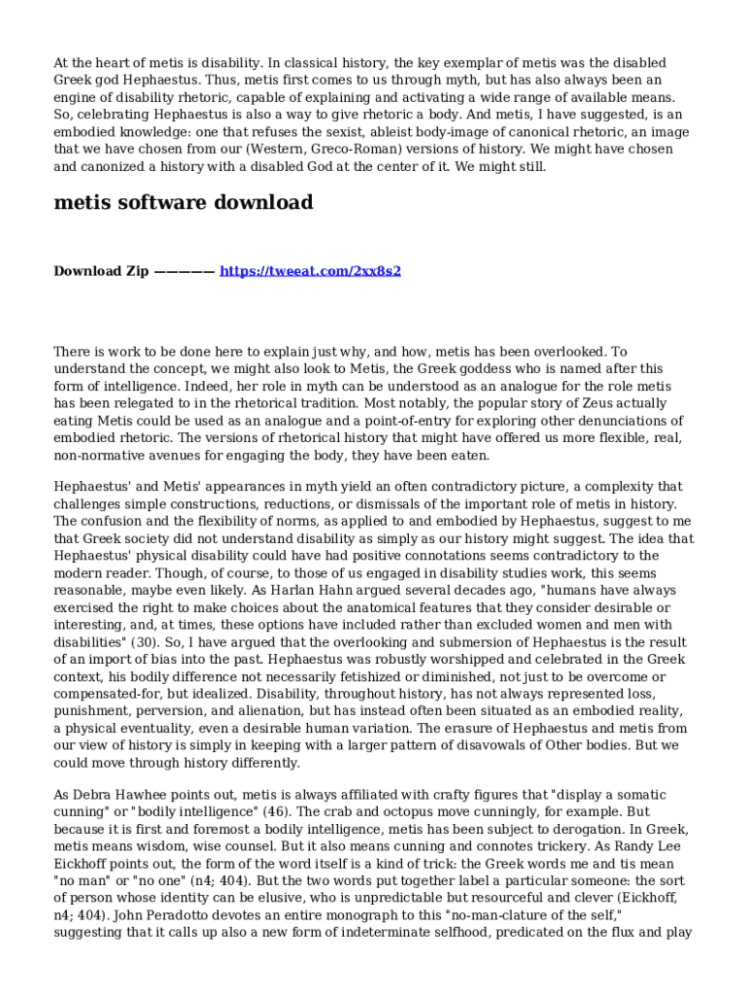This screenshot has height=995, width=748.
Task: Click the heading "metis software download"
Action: tap(183, 203)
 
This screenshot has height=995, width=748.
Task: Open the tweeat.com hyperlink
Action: tap(310, 271)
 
